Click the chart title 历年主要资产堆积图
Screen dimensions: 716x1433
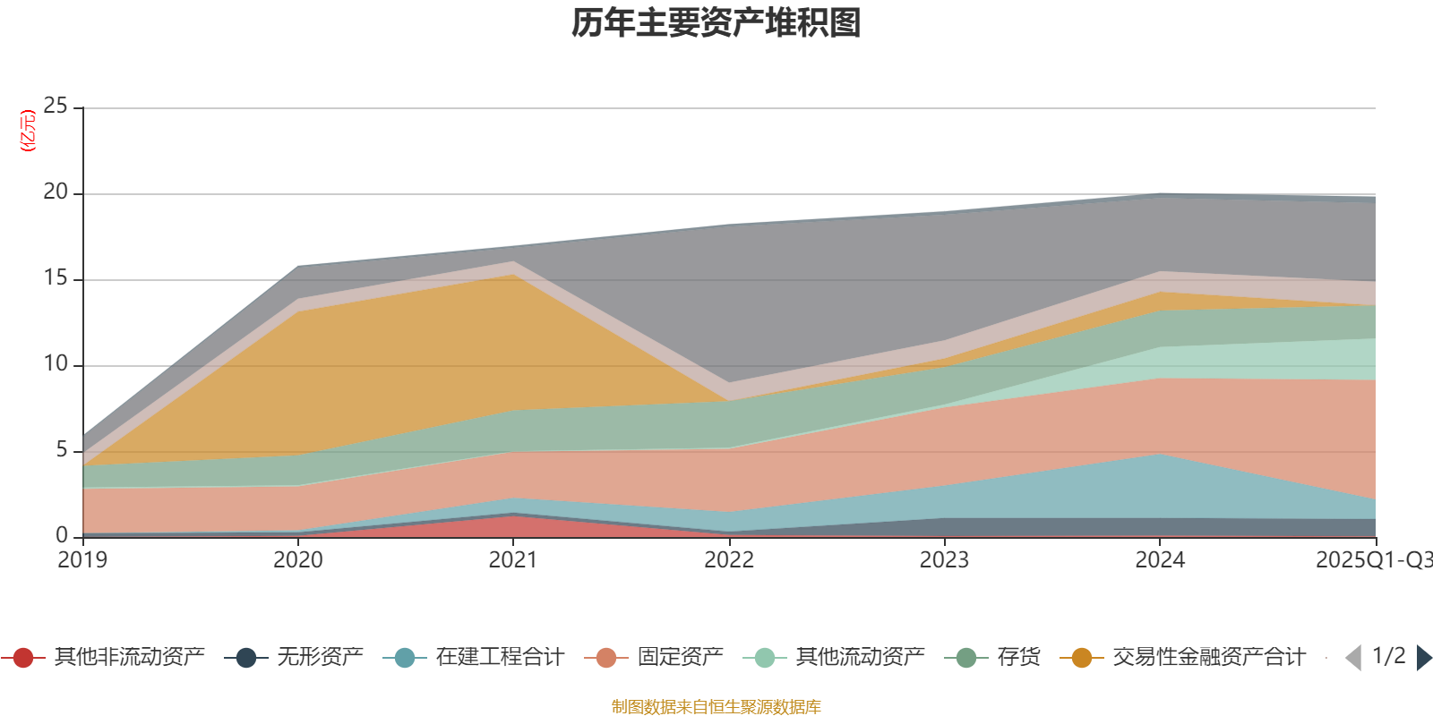click(x=716, y=23)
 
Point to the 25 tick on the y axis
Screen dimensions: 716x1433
click(x=56, y=107)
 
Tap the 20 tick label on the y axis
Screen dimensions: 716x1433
click(x=56, y=192)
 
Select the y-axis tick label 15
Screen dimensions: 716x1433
click(x=56, y=278)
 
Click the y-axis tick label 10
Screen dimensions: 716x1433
click(x=56, y=364)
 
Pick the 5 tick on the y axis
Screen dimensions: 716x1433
click(x=62, y=450)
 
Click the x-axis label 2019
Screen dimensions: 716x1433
click(x=82, y=560)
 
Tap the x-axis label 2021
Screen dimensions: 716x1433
click(x=513, y=560)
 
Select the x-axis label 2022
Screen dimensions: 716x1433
click(x=729, y=560)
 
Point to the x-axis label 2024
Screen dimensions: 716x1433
click(x=1160, y=560)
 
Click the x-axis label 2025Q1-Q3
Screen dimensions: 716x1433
click(x=1373, y=560)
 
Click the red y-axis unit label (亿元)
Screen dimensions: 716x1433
click(x=29, y=131)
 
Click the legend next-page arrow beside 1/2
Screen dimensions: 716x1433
click(x=1423, y=658)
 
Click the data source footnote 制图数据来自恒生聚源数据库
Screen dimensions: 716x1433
click(x=716, y=707)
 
